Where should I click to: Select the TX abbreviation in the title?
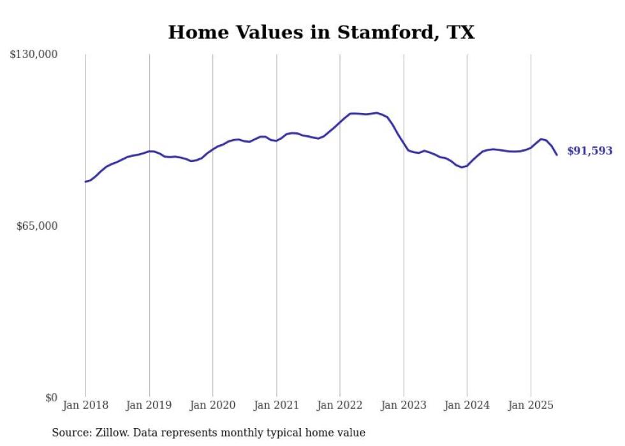click(460, 33)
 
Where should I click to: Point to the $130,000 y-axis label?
click(34, 55)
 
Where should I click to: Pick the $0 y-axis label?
click(51, 398)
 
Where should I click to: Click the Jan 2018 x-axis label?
click(85, 405)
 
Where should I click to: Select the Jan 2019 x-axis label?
click(149, 405)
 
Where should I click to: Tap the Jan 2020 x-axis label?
click(213, 405)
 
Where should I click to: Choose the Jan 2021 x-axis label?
click(276, 405)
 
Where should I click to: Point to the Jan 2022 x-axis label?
click(340, 405)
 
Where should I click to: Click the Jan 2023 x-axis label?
click(404, 405)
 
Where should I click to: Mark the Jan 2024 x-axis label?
click(467, 405)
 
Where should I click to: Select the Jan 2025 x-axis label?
click(531, 405)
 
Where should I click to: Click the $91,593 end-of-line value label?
click(590, 151)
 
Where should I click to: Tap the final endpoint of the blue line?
click(557, 155)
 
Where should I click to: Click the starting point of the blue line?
click(85, 182)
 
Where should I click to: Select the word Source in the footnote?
click(71, 433)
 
